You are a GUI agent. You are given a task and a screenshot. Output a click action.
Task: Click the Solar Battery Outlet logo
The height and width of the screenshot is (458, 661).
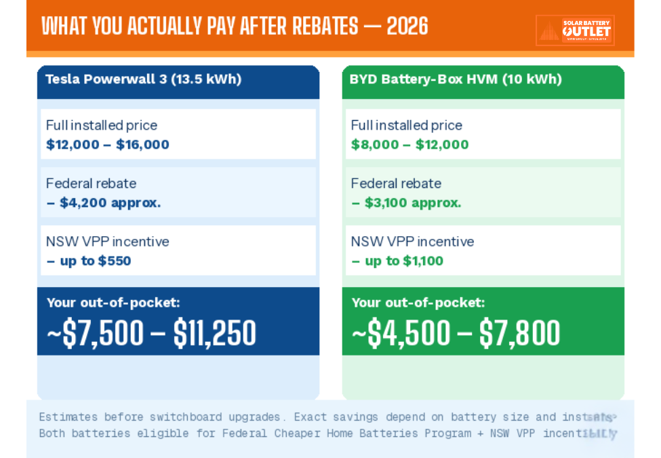575,31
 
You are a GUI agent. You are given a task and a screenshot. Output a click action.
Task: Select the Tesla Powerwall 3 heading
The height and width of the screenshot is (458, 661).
143,79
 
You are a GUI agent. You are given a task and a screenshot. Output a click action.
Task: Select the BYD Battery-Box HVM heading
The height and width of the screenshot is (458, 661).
456,79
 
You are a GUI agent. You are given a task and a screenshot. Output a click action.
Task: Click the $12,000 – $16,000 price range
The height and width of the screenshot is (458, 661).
108,145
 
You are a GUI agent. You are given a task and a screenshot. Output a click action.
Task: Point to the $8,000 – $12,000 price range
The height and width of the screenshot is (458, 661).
409,145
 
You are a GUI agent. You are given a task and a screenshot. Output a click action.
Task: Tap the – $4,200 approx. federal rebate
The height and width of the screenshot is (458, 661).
104,203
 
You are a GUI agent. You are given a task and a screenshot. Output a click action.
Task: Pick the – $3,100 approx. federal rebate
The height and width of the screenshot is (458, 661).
406,203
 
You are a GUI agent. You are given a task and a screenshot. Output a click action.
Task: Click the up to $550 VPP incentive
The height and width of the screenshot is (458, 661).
89,261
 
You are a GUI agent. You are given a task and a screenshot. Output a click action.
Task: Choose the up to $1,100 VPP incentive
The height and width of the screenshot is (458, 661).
397,261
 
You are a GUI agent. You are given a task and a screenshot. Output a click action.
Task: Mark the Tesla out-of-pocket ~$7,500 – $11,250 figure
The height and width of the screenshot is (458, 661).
151,332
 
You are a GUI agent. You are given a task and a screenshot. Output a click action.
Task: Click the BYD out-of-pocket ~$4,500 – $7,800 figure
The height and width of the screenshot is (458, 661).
456,332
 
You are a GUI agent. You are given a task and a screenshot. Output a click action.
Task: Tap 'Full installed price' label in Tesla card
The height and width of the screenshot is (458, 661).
102,126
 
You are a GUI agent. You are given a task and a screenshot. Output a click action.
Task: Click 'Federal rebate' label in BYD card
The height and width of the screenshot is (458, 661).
396,184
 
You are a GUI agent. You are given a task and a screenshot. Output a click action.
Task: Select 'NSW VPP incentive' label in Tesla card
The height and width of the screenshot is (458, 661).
108,242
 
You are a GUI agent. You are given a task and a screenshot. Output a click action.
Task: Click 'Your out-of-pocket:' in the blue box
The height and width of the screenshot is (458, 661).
113,303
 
